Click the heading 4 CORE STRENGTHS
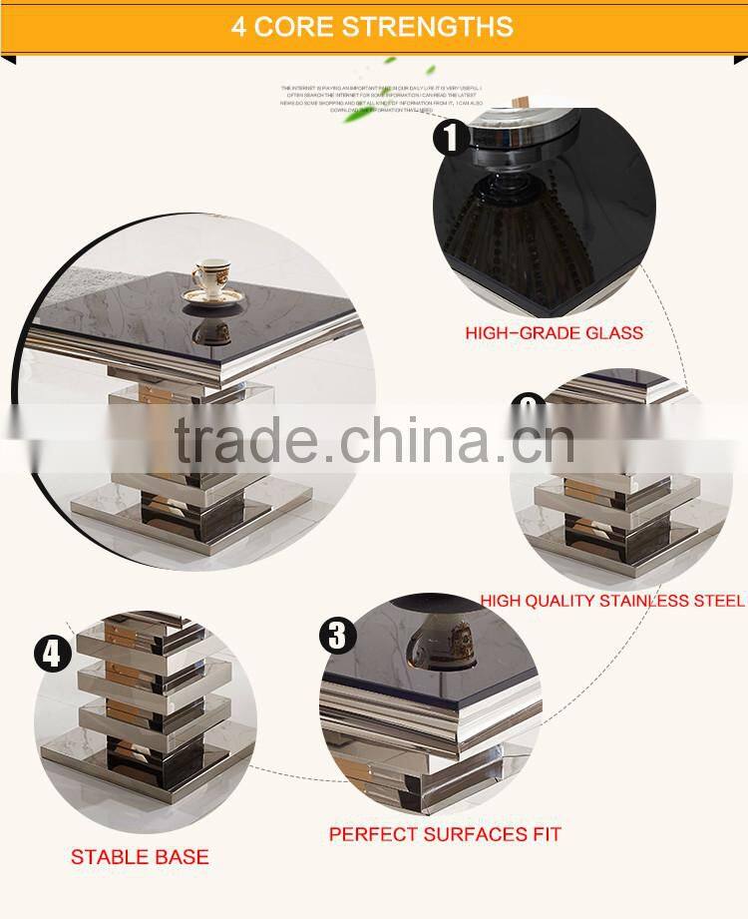[x=372, y=26]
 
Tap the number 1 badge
[x=452, y=136]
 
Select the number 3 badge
[x=337, y=636]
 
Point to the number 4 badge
[x=52, y=654]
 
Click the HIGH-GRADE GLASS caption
[x=554, y=332]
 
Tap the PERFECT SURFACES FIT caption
[x=445, y=833]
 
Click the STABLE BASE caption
[x=140, y=856]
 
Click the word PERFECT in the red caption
[x=375, y=833]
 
